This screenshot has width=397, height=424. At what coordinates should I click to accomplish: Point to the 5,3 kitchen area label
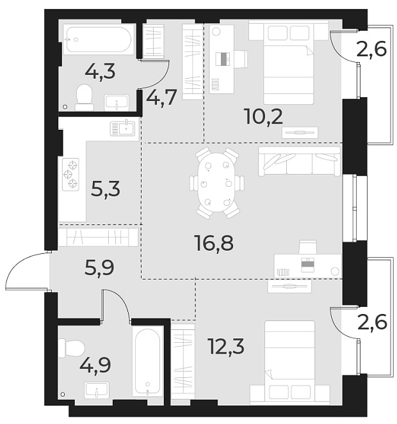tap(106, 189)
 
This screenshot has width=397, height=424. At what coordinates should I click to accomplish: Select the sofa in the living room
tap(299, 161)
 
